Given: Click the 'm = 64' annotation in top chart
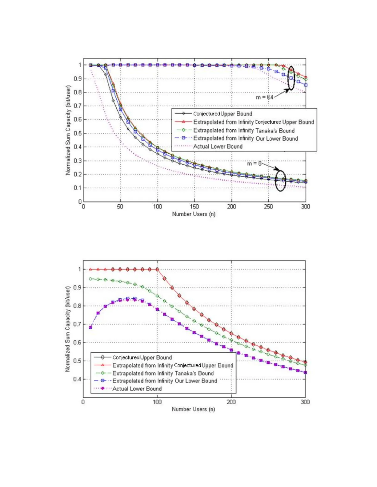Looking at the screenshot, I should click(264, 97).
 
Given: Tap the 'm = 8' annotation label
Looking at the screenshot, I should click(254, 163).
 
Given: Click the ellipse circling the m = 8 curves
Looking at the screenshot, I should click(280, 180).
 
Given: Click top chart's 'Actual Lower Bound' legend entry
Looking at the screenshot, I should click(218, 147).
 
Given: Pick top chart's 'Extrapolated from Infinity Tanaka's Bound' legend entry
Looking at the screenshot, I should click(244, 131).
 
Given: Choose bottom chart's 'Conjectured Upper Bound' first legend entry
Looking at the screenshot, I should click(142, 357).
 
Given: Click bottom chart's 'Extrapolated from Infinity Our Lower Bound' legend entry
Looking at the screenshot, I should click(165, 381).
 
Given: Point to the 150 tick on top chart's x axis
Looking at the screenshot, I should click(194, 206).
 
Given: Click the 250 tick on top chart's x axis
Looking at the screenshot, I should click(268, 206).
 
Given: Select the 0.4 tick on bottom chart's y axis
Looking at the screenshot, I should click(77, 379).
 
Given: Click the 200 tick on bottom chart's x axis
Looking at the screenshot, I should click(231, 402).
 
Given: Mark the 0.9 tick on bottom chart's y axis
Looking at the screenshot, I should click(77, 288).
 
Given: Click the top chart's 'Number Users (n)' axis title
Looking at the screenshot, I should click(194, 214).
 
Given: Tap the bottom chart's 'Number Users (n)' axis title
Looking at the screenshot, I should click(193, 409).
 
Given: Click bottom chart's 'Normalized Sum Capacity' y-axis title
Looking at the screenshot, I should click(68, 329).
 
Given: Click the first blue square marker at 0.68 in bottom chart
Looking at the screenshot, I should click(90, 328).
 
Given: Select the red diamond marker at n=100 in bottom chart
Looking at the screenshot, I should click(157, 269).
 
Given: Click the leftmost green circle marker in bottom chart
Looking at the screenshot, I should click(90, 279).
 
